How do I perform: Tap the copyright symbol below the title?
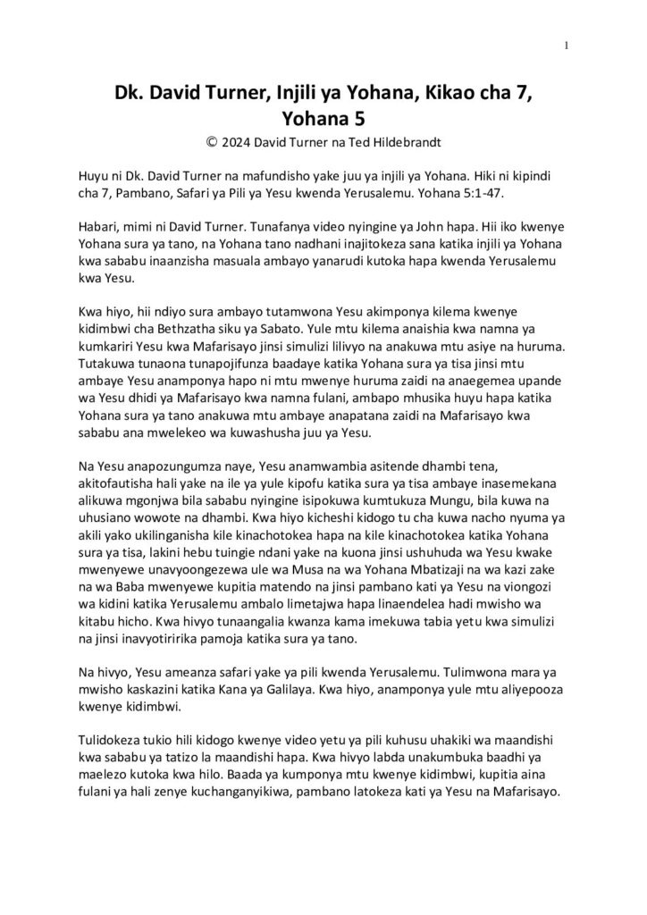[212, 140]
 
